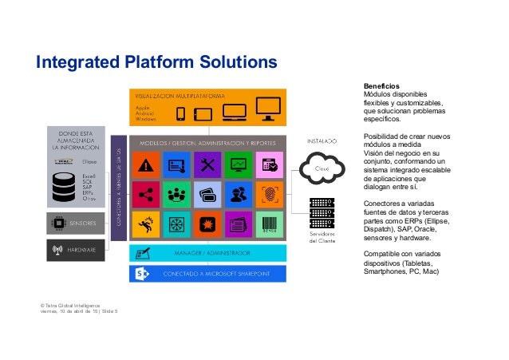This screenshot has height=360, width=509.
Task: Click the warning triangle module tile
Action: point(146,165)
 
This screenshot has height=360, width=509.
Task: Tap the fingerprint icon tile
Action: point(270,194)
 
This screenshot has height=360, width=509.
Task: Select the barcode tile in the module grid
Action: point(270,224)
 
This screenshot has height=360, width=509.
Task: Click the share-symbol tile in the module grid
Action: point(146,194)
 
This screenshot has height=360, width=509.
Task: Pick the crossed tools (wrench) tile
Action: point(208,165)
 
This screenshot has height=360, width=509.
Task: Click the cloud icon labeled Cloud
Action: point(322,168)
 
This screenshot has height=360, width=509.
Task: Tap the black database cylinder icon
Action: point(64,185)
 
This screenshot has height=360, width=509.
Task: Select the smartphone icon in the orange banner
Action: point(180,113)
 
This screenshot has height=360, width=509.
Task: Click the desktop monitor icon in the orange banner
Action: point(269,109)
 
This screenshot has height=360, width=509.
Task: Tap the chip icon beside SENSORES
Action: point(57,224)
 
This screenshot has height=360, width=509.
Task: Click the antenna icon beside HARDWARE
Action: point(57,249)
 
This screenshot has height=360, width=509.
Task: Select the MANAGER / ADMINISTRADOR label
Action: point(209,253)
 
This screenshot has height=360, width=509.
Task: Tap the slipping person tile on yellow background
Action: point(146,224)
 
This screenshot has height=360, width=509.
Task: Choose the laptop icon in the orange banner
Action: point(234,111)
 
